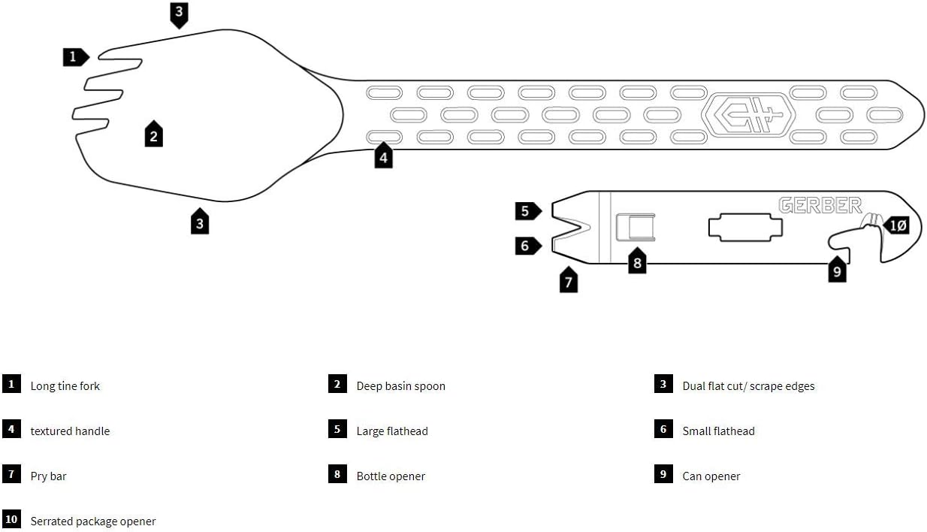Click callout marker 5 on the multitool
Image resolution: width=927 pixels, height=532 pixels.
pos(526,211)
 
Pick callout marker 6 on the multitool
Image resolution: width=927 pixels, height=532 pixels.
pos(526,245)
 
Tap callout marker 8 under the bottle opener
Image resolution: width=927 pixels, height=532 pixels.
pos(637,261)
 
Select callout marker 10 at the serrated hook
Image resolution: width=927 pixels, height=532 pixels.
pos(896,225)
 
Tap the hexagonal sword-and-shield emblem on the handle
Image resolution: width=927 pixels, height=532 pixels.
pos(747,116)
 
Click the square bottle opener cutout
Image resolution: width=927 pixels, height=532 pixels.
pos(635,227)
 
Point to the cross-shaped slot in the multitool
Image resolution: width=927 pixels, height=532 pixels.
pos(741,228)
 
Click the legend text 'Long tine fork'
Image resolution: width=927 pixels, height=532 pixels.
pos(65,386)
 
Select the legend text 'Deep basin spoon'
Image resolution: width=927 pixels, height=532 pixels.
pos(400,386)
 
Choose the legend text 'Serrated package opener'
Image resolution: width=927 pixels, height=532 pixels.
pos(93,521)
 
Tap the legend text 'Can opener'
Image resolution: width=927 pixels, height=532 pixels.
pos(711,476)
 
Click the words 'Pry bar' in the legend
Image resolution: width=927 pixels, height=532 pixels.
pos(48,476)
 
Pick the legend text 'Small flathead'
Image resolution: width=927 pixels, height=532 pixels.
pos(718,431)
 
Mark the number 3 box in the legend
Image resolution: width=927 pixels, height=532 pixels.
pos(663,384)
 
